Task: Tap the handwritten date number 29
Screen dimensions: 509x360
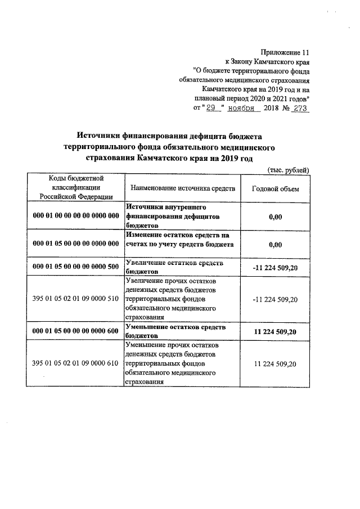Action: pos(211,109)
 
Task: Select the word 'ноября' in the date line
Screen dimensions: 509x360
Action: pos(242,109)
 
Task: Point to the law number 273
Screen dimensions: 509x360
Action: pos(298,109)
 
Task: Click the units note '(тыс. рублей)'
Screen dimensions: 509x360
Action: pos(287,170)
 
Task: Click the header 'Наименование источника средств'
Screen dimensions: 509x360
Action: pos(183,188)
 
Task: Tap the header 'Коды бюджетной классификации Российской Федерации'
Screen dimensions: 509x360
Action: pos(76,188)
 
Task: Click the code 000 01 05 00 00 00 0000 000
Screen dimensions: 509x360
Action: pos(76,244)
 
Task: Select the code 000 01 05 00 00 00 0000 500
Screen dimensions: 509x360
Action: pos(76,267)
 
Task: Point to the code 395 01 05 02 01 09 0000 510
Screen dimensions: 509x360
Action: pos(76,298)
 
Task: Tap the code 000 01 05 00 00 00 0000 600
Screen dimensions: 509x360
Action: pos(76,331)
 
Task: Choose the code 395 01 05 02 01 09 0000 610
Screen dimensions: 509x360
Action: pos(76,364)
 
